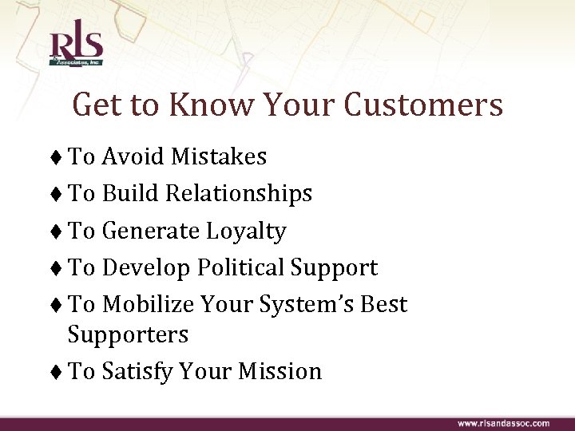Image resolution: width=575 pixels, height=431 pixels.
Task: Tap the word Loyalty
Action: pyautogui.click(x=246, y=231)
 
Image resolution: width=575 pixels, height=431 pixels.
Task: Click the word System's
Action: pyautogui.click(x=316, y=305)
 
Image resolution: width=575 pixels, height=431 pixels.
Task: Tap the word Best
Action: pyautogui.click(x=387, y=305)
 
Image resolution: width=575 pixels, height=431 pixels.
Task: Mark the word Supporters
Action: pyautogui.click(x=128, y=334)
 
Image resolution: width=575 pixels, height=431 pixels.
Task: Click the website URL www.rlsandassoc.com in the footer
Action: pyautogui.click(x=503, y=423)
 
